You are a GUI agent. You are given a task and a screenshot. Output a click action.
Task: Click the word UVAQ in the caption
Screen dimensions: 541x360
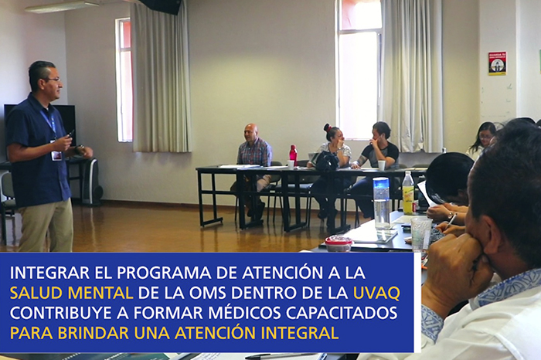377,293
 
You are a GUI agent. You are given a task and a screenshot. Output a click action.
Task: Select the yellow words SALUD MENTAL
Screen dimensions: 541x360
71,293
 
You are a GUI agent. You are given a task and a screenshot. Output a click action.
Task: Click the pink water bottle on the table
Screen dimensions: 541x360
293,155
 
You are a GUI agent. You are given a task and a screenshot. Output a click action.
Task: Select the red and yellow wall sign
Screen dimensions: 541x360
497,63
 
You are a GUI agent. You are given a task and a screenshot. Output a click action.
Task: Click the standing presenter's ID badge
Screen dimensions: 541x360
56,155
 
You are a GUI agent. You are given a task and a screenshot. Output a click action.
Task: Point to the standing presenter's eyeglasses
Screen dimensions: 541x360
53,80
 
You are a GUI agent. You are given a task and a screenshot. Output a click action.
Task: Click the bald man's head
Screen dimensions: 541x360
250,132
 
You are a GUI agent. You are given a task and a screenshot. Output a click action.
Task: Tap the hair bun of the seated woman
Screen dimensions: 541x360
327,127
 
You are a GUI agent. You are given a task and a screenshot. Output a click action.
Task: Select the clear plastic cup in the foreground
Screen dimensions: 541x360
421,233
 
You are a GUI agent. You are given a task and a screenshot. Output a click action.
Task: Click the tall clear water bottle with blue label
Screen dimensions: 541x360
382,202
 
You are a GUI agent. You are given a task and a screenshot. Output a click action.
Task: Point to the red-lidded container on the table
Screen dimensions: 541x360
339,243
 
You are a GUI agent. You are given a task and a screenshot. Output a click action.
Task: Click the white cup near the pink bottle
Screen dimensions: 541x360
291,165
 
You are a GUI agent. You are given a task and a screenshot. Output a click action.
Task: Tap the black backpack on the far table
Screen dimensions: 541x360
325,161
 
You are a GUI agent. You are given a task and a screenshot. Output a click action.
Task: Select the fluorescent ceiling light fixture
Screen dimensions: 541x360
62,7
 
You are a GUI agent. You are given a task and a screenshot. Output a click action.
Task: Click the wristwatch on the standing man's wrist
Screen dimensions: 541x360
79,149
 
